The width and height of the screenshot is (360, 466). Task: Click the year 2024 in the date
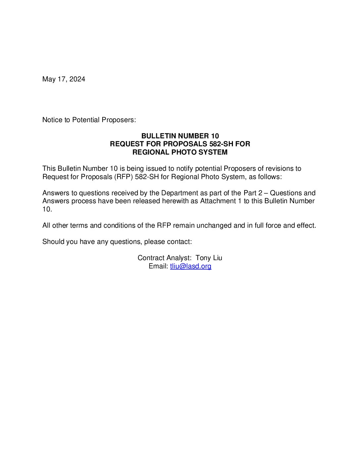click(x=77, y=79)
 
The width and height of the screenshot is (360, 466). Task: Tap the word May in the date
click(x=49, y=79)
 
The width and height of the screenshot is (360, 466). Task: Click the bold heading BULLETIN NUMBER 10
click(x=180, y=136)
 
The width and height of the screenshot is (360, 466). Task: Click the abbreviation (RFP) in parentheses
click(x=123, y=177)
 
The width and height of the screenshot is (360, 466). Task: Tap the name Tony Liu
click(x=209, y=258)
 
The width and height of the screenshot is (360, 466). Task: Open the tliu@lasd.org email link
click(x=191, y=266)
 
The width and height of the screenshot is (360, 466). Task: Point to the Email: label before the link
click(x=158, y=266)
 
